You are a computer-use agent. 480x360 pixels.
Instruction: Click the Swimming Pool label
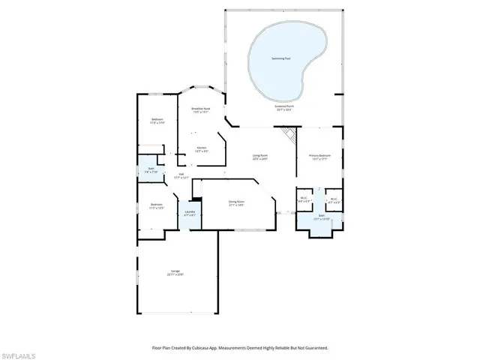tap(282, 58)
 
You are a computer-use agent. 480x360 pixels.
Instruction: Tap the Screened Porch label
tap(284, 107)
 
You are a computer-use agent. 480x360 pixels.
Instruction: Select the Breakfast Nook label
tap(201, 109)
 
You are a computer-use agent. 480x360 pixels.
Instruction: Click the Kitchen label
tap(202, 148)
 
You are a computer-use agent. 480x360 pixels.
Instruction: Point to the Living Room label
tap(259, 157)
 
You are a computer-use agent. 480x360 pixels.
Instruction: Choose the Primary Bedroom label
tap(320, 157)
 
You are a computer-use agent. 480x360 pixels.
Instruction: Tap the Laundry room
tap(189, 213)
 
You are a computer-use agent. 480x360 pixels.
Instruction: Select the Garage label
tap(175, 273)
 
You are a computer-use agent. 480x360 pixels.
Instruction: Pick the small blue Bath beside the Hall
tap(151, 169)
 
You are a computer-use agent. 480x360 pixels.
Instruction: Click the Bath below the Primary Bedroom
tap(320, 217)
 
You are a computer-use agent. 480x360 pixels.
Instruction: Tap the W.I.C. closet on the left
tap(304, 200)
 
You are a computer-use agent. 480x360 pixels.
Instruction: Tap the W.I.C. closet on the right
tap(335, 200)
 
